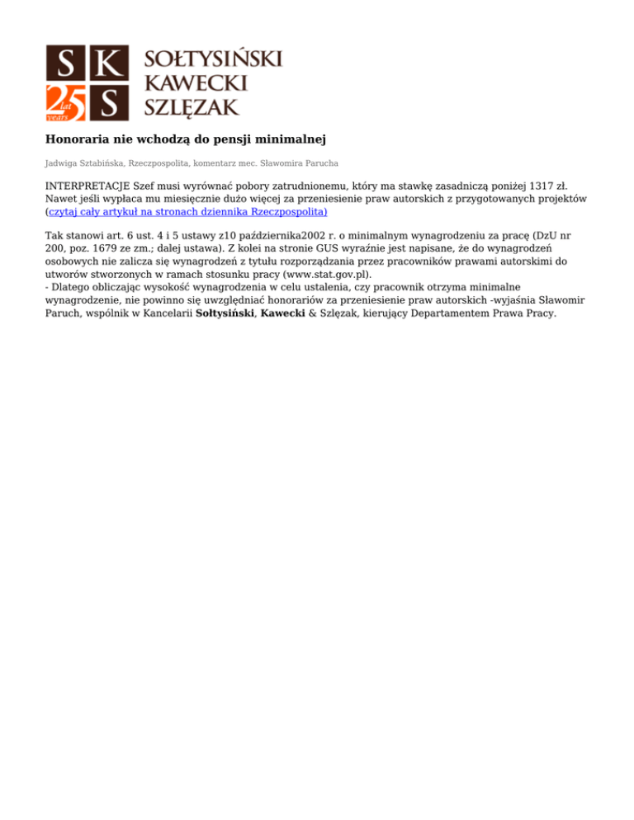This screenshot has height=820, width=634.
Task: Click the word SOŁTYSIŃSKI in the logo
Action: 214,59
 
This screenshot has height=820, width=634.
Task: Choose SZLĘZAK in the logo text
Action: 192,106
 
